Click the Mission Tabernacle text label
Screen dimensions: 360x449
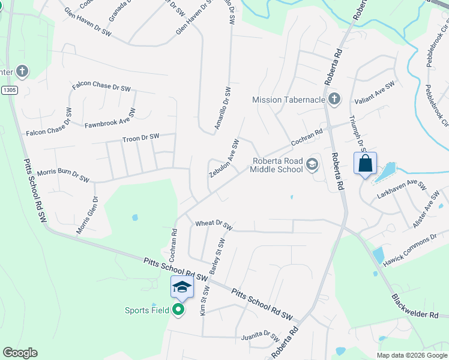tap(289, 100)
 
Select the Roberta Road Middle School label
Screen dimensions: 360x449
tap(278, 165)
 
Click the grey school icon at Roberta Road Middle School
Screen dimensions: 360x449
tap(312, 164)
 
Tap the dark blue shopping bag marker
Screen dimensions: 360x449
tap(365, 163)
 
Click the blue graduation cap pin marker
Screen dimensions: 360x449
tap(182, 287)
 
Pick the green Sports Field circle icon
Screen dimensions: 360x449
tap(178, 310)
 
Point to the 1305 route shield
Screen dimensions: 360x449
tap(9, 90)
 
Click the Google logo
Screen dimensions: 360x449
tap(20, 353)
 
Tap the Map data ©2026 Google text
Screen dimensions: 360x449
tap(411, 355)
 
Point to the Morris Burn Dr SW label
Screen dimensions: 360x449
tap(63, 175)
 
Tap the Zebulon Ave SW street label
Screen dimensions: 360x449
tap(224, 158)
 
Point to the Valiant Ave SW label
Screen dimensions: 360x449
tap(374, 93)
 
